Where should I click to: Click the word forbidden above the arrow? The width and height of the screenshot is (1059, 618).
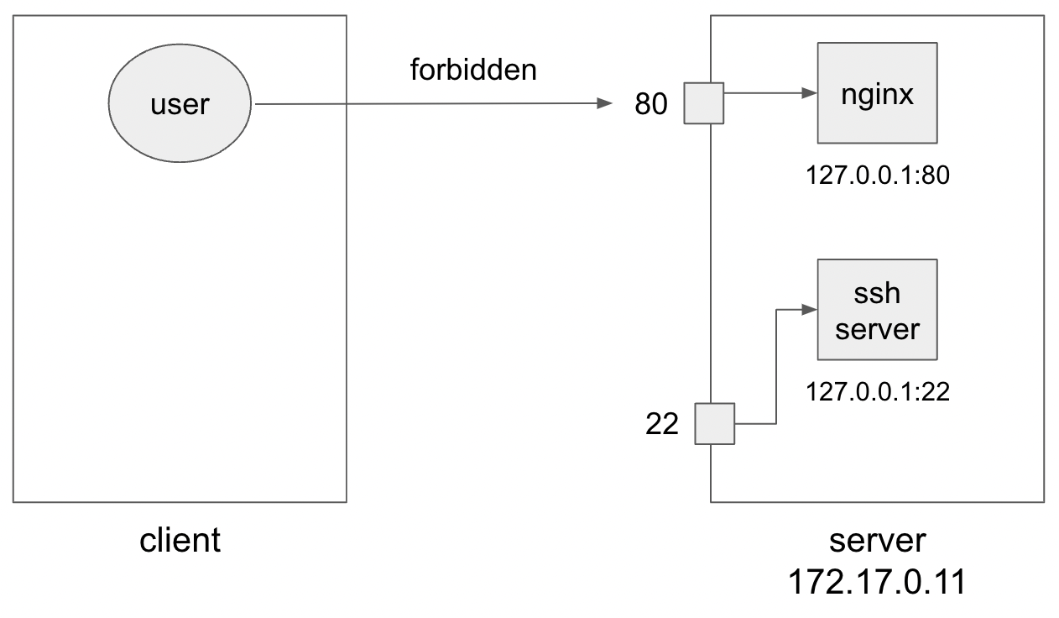(x=473, y=70)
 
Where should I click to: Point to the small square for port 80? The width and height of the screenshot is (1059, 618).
(x=703, y=103)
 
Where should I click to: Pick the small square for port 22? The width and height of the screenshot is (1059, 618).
(x=715, y=423)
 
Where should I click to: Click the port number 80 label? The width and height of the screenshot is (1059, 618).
(x=652, y=105)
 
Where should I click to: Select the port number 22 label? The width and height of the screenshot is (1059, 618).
(x=661, y=425)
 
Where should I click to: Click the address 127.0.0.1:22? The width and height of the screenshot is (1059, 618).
(x=878, y=391)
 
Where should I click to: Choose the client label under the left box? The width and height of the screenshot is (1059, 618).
(x=180, y=541)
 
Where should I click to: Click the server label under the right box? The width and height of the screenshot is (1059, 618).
(x=877, y=540)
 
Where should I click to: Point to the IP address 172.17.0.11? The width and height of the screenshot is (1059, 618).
(x=877, y=581)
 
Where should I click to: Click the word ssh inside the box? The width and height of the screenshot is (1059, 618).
(x=877, y=294)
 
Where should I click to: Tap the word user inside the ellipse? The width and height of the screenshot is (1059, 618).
(x=180, y=105)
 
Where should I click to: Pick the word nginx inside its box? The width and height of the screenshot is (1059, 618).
(x=877, y=94)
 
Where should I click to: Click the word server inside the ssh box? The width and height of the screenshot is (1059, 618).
(x=877, y=328)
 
